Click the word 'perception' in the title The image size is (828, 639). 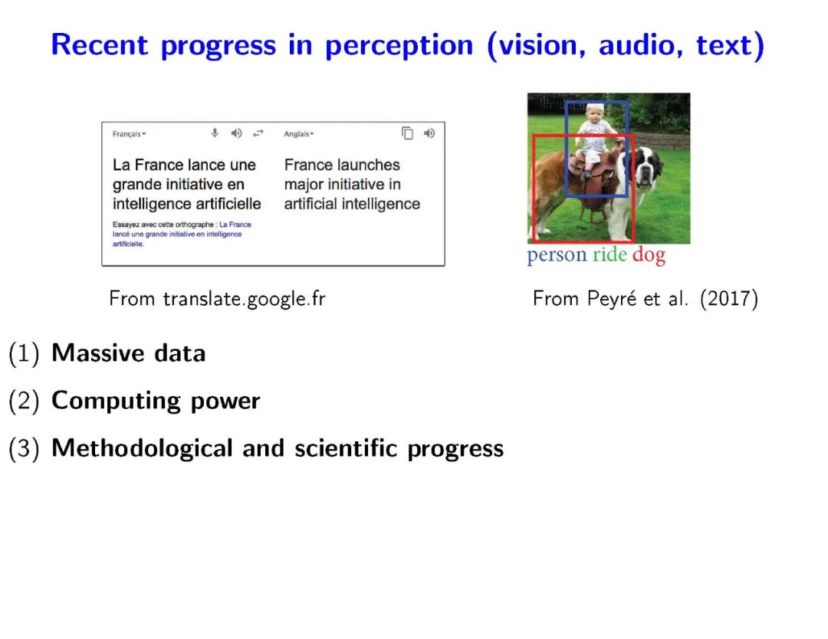399,46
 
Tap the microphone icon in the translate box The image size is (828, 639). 215,133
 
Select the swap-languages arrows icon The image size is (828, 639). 258,133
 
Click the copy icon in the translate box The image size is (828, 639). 407,133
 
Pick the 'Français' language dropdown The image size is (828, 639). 129,134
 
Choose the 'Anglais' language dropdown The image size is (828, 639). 298,134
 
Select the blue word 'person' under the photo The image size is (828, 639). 557,255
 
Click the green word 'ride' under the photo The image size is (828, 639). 609,254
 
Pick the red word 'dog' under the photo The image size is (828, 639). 649,255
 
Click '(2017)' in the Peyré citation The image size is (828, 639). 729,299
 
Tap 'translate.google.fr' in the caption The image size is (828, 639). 244,299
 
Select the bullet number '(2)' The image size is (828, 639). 25,401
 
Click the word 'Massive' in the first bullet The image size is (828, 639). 97,353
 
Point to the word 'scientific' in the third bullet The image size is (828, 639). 346,448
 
